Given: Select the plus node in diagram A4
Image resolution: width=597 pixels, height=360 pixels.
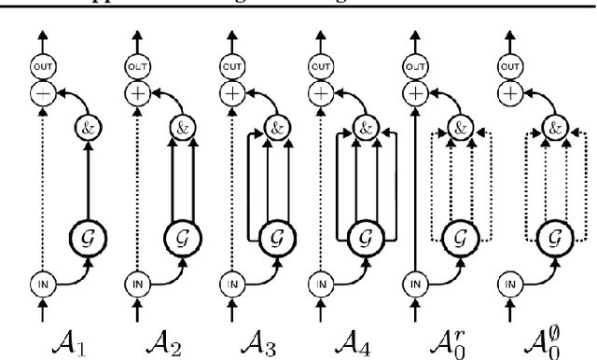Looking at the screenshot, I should [321, 94].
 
